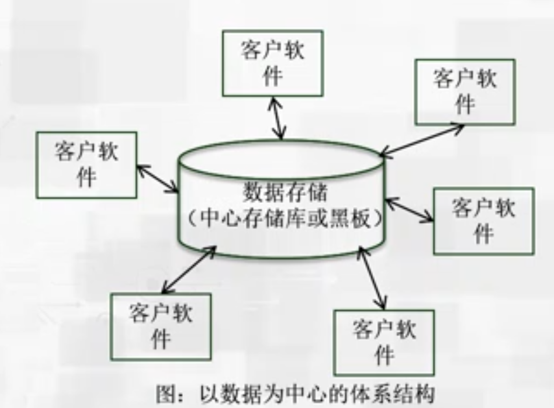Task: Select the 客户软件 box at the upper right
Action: (464, 91)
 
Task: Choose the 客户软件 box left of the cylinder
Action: (86, 165)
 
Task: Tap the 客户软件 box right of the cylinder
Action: (483, 221)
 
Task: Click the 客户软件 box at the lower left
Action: (160, 326)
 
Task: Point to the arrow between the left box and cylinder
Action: (158, 177)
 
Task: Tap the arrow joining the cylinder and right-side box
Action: (409, 210)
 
